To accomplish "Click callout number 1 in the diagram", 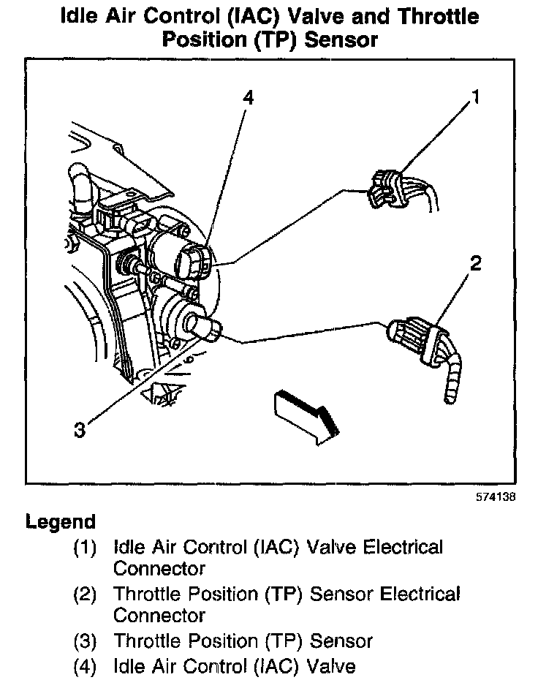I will tap(476, 97).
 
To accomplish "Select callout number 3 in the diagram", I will tap(80, 430).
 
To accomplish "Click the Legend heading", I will tap(61, 523).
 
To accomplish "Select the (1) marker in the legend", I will tap(85, 547).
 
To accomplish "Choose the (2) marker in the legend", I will tap(85, 594).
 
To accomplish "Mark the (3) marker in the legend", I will tap(85, 642).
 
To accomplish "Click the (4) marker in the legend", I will tap(85, 666).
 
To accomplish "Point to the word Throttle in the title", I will tap(435, 15).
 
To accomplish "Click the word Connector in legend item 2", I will tap(159, 615).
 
